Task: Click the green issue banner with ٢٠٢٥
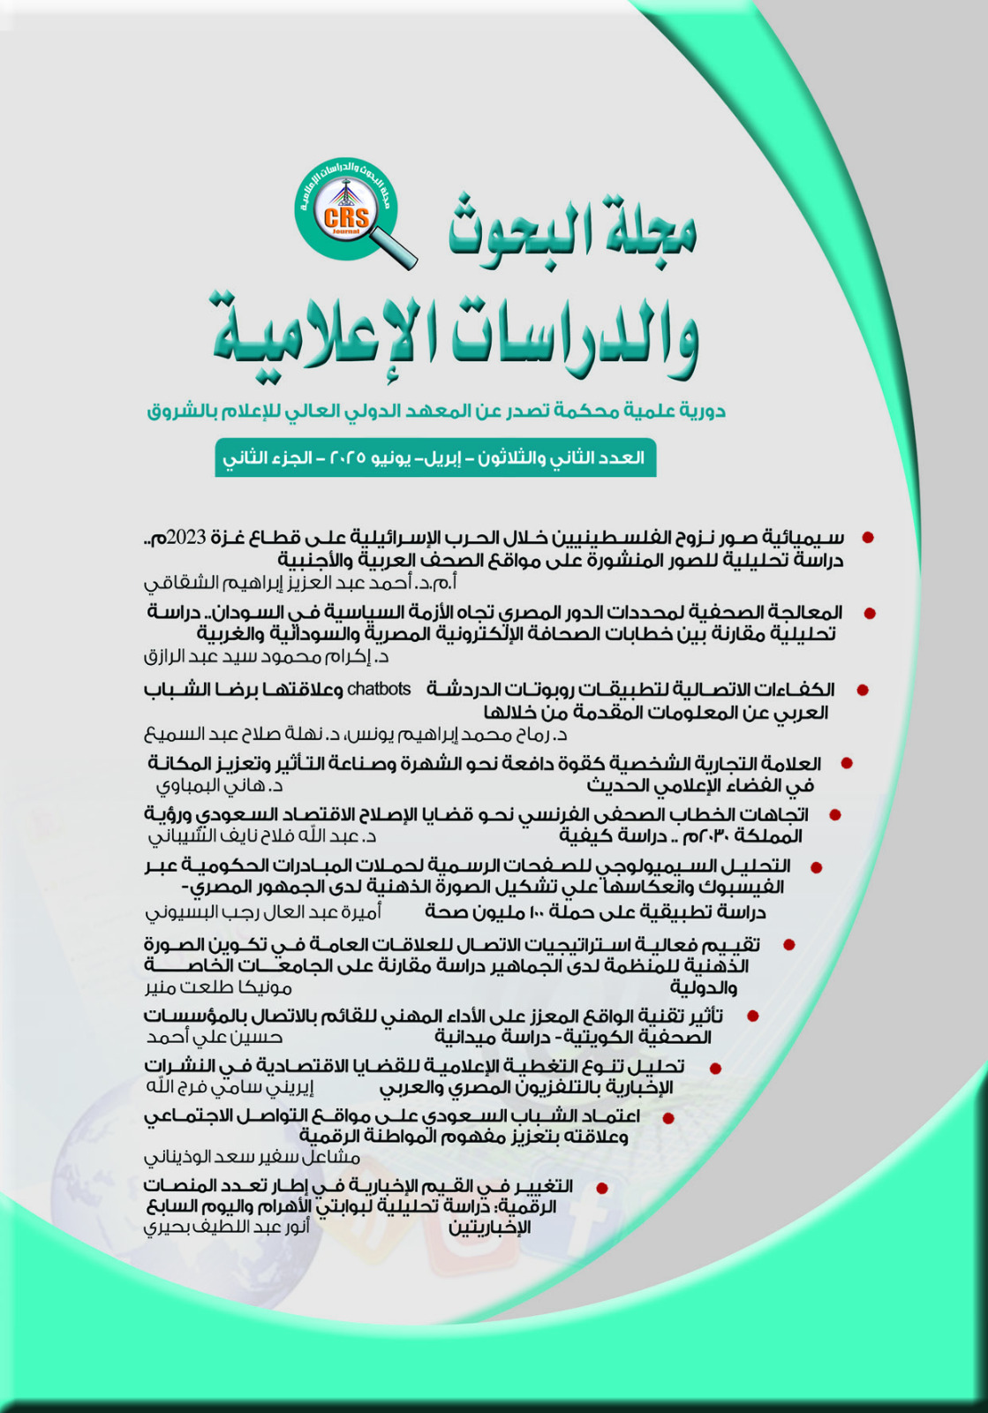pyautogui.click(x=434, y=458)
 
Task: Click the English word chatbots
pyautogui.click(x=379, y=689)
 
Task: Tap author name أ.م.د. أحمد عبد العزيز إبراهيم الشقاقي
pyautogui.click(x=300, y=583)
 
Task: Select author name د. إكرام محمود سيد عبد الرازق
pyautogui.click(x=266, y=657)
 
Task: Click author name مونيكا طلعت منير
pyautogui.click(x=218, y=986)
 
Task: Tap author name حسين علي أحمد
pyautogui.click(x=214, y=1038)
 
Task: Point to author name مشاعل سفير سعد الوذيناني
pyautogui.click(x=252, y=1156)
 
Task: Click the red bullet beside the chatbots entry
pyautogui.click(x=863, y=691)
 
